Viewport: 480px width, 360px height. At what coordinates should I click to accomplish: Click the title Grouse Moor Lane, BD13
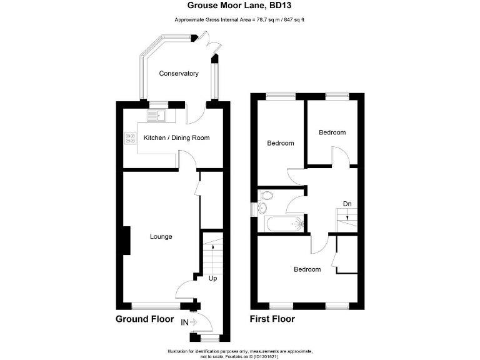coord(239,6)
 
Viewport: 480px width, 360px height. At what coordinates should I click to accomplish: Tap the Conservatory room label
coord(178,74)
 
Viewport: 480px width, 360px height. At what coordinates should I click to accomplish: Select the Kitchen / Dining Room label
coord(177,137)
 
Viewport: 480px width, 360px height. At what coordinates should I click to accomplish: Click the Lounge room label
coord(161,237)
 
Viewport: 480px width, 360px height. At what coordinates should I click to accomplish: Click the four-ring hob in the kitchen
coord(131,139)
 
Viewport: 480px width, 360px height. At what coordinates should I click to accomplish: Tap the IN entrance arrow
coord(189,322)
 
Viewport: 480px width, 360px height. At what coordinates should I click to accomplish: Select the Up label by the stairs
coord(212,279)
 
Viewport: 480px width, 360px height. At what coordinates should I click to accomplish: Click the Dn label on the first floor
coord(347,204)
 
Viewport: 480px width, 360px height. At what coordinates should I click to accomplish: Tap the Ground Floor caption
coord(145,319)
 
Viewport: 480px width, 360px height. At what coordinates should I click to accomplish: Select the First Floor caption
coord(272,319)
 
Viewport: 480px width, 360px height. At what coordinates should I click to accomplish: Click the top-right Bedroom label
coord(332,132)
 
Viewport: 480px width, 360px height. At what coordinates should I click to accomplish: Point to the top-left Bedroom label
coord(280,143)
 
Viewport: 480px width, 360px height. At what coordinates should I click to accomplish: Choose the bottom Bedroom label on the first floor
coord(307,269)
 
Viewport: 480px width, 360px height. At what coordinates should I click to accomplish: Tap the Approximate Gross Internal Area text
coord(239,20)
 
